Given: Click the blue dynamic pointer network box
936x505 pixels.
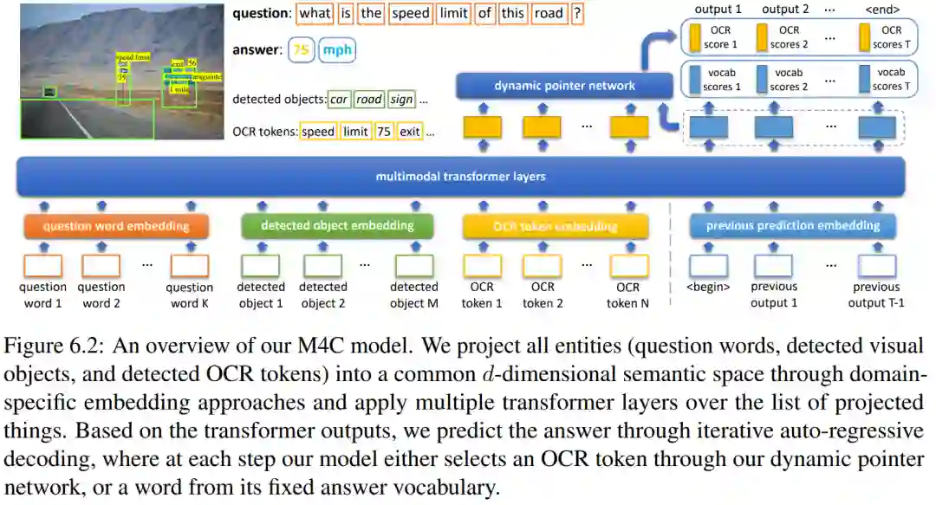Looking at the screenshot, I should [x=565, y=85].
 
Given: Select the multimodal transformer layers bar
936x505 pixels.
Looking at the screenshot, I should [x=460, y=177].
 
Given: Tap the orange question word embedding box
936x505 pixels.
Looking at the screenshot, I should [x=116, y=227].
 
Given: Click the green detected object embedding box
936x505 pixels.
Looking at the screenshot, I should [x=337, y=226].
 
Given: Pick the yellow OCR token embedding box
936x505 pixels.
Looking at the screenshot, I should [x=556, y=227].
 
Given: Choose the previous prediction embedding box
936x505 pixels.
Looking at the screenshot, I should [x=792, y=226].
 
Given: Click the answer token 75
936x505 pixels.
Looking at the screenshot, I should [x=301, y=50].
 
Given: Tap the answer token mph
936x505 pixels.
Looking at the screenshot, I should [x=337, y=50].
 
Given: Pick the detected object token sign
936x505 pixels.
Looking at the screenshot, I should [x=401, y=100].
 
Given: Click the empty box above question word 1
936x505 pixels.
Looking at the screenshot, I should [x=42, y=265].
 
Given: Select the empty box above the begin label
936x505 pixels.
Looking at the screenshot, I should [x=708, y=265].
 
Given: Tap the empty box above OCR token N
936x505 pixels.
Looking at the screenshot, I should [x=628, y=265].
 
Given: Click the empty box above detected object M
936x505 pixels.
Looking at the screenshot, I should [x=413, y=265].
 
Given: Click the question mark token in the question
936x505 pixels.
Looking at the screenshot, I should [x=578, y=14].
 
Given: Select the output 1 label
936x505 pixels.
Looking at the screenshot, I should [x=718, y=10].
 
